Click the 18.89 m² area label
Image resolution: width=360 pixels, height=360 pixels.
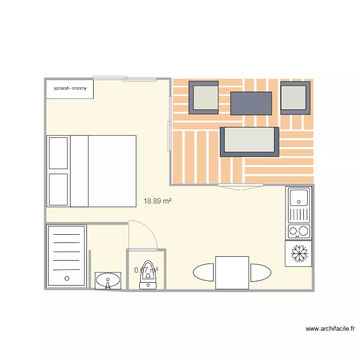tap(157, 202)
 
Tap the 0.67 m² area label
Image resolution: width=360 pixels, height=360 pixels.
tap(146, 270)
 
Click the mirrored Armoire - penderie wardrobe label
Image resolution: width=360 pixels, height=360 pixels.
tap(70, 89)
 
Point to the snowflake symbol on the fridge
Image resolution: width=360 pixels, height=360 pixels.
tap(299, 253)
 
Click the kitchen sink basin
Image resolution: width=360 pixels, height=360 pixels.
tap(299, 196)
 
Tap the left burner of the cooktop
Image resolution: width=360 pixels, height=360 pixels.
tap(292, 232)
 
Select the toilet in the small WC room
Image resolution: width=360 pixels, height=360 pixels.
tap(148, 276)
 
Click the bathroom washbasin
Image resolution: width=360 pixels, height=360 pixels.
tap(108, 280)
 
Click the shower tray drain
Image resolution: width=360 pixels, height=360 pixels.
tap(66, 278)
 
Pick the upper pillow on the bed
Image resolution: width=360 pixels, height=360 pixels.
tap(59, 153)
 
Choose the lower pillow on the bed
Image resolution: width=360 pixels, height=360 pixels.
tap(59, 189)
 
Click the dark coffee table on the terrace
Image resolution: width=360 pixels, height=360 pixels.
tap(251, 103)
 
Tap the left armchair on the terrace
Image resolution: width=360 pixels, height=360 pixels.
tap(204, 97)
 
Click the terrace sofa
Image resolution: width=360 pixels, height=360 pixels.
tap(250, 142)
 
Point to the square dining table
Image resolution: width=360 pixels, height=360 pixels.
tap(232, 273)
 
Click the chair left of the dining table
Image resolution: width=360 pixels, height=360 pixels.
tap(204, 273)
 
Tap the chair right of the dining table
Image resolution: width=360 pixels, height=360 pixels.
tap(261, 273)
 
